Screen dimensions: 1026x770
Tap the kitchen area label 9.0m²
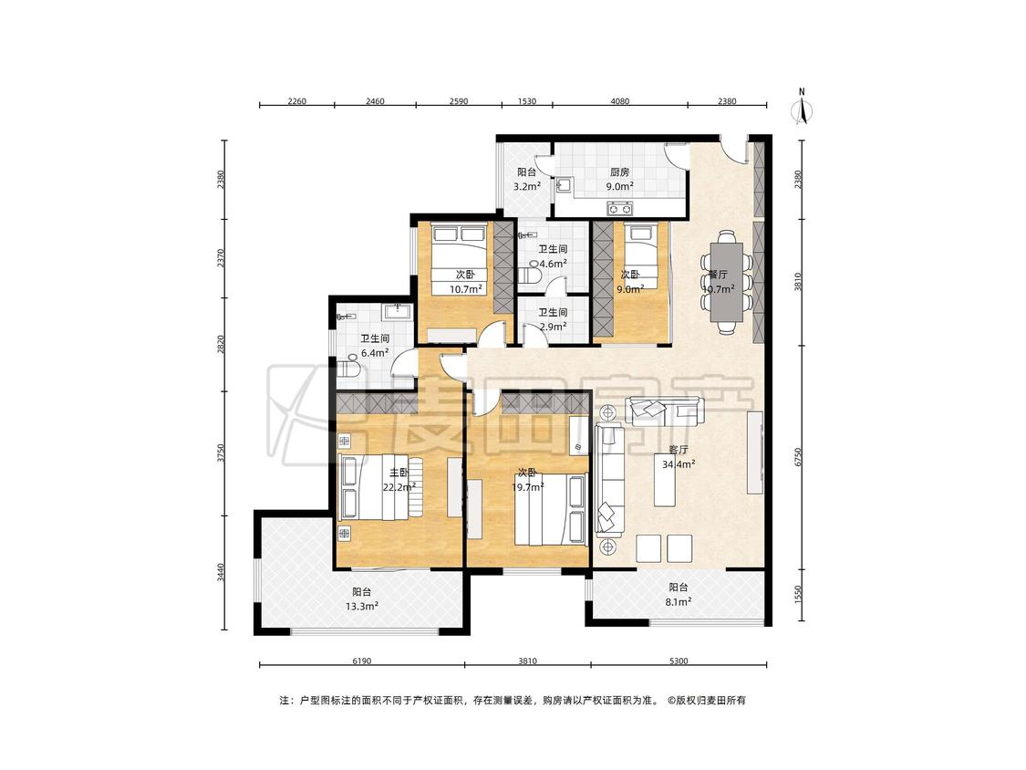(619, 187)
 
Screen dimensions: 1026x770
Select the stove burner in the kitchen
(619, 209)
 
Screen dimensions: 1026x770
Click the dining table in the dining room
(727, 282)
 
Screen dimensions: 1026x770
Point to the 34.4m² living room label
(679, 464)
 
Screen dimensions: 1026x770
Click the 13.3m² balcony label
(362, 607)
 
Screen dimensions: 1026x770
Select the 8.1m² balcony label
(679, 601)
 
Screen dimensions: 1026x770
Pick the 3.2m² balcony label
(527, 187)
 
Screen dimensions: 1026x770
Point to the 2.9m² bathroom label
(553, 326)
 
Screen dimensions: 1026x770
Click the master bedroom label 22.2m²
(399, 487)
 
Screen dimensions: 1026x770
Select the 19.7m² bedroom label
(527, 487)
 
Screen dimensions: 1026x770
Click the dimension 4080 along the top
(619, 101)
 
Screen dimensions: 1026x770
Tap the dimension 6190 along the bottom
(362, 661)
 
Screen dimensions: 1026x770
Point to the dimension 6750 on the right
(798, 457)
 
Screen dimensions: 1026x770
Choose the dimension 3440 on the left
(222, 572)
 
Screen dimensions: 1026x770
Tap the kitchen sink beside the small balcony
(564, 186)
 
